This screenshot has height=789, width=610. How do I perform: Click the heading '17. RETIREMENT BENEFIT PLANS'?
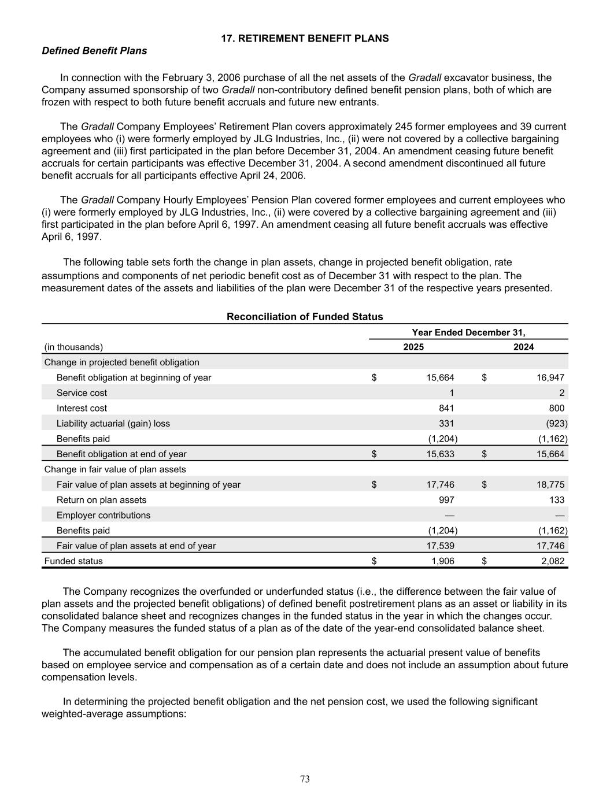click(x=305, y=38)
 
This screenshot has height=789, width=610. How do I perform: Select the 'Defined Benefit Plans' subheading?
click(x=94, y=51)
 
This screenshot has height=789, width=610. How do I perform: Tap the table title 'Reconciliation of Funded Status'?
click(x=305, y=317)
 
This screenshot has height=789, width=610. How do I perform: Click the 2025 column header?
click(x=413, y=347)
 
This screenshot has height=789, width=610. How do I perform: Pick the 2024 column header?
click(x=523, y=347)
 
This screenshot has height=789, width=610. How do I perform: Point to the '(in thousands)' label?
click(x=73, y=347)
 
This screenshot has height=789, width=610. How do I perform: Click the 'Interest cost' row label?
click(x=82, y=408)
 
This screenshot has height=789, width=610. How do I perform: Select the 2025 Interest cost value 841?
click(x=446, y=408)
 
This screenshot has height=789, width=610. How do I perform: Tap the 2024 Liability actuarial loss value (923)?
click(x=556, y=423)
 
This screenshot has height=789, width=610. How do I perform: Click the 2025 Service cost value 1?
click(x=451, y=392)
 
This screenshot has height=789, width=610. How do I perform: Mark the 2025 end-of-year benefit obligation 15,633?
click(x=440, y=454)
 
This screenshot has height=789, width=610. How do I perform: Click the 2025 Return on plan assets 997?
click(x=446, y=500)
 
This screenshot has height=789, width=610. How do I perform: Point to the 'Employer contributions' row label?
click(x=103, y=515)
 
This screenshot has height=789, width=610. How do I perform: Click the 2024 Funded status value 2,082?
click(x=552, y=561)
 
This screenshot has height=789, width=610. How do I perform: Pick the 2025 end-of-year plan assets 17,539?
click(x=440, y=546)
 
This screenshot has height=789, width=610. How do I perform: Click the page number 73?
click(x=305, y=779)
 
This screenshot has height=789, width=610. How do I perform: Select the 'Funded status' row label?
click(x=73, y=561)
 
